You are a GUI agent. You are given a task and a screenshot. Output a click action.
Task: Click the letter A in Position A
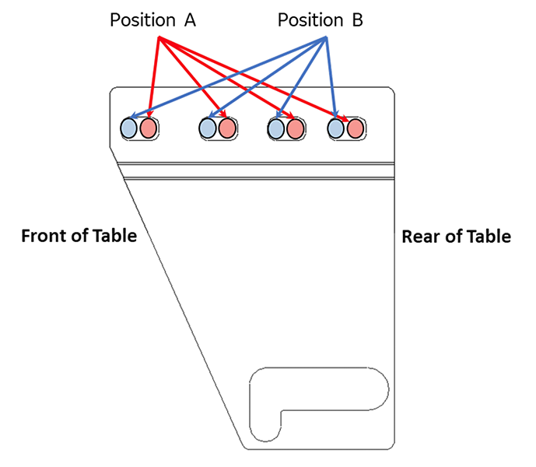click(x=190, y=21)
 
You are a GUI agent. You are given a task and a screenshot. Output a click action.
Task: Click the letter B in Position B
click(x=356, y=21)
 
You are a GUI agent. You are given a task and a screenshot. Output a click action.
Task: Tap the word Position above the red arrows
click(x=142, y=21)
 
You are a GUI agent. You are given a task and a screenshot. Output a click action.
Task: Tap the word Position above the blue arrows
click(x=310, y=21)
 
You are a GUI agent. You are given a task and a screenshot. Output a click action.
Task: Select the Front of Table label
click(x=79, y=236)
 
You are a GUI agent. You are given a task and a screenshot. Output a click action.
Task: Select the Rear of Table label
click(x=456, y=236)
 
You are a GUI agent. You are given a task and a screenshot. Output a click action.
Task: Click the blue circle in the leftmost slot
click(x=129, y=128)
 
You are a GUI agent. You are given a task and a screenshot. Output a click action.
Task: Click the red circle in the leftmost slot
click(x=148, y=128)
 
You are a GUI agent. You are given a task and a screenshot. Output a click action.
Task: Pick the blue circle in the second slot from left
click(x=208, y=128)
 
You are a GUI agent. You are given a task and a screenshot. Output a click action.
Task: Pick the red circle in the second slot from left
click(x=226, y=128)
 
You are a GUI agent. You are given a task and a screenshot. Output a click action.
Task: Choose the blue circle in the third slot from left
click(x=276, y=128)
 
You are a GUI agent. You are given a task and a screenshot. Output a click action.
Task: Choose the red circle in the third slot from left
click(x=294, y=128)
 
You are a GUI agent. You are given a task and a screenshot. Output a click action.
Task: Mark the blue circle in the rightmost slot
click(x=336, y=128)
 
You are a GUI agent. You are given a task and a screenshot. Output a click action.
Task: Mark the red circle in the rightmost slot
click(x=355, y=128)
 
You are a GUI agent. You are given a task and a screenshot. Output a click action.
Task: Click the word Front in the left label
click(x=42, y=236)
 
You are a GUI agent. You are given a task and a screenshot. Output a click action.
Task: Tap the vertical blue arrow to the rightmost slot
click(x=331, y=78)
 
